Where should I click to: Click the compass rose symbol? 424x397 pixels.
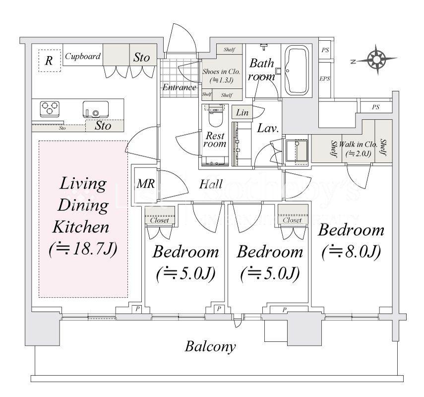pyautogui.click(x=375, y=60)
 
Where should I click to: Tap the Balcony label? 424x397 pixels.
pyautogui.click(x=210, y=346)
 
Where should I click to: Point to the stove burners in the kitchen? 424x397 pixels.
pyautogui.click(x=50, y=109)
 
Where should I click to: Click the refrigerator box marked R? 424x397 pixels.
pyautogui.click(x=49, y=61)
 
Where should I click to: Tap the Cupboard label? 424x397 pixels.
pyautogui.click(x=83, y=57)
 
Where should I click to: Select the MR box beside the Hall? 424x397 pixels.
pyautogui.click(x=145, y=184)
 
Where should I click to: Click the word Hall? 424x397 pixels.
pyautogui.click(x=211, y=184)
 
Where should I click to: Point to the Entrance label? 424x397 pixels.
pyautogui.click(x=180, y=87)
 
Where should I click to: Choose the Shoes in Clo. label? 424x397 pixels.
pyautogui.click(x=221, y=71)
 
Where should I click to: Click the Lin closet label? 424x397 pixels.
pyautogui.click(x=242, y=113)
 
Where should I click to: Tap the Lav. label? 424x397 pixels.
pyautogui.click(x=268, y=128)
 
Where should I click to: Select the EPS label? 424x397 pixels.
pyautogui.click(x=325, y=79)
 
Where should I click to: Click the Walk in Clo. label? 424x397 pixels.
pyautogui.click(x=356, y=144)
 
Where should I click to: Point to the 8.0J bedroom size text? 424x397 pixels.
pyautogui.click(x=351, y=252)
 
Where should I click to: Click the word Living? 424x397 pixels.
pyautogui.click(x=83, y=184)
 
